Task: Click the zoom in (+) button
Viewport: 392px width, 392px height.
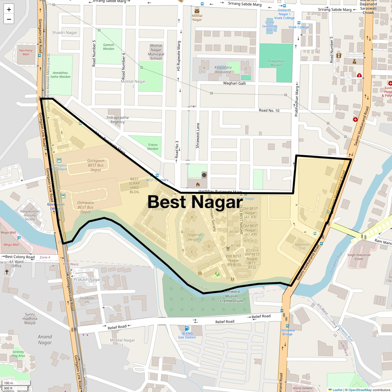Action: pyautogui.click(x=9, y=9)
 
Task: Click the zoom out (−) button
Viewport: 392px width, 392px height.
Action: pyautogui.click(x=9, y=19)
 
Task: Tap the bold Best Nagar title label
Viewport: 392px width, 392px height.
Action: pyautogui.click(x=195, y=202)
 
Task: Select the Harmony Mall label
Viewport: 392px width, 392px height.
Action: pyautogui.click(x=26, y=52)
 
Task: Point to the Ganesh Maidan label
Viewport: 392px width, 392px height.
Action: pyautogui.click(x=108, y=47)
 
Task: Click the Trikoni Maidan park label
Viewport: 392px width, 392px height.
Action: pyautogui.click(x=153, y=147)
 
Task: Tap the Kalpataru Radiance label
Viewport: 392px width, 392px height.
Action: pyautogui.click(x=223, y=70)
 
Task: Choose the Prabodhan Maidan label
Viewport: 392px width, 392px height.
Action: pyautogui.click(x=276, y=63)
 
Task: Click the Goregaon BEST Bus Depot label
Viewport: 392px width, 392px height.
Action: pyautogui.click(x=96, y=165)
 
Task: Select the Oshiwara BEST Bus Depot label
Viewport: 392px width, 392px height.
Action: pyautogui.click(x=86, y=207)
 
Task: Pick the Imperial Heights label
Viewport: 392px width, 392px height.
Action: pyautogui.click(x=195, y=237)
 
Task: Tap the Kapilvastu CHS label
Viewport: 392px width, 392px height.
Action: pyautogui.click(x=302, y=246)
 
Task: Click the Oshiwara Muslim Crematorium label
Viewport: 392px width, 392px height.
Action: pyautogui.click(x=232, y=296)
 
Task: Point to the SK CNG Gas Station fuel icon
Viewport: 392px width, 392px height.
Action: pyautogui.click(x=187, y=328)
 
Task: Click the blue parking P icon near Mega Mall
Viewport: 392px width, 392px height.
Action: pyautogui.click(x=19, y=238)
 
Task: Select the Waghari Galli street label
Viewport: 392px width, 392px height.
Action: pyautogui.click(x=234, y=83)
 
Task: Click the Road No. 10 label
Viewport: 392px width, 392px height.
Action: pyautogui.click(x=269, y=110)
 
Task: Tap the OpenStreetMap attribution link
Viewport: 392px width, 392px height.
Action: pyautogui.click(x=360, y=390)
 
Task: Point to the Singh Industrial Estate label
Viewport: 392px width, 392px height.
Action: pyautogui.click(x=359, y=257)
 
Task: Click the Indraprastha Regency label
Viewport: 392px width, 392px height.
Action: pyautogui.click(x=118, y=120)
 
